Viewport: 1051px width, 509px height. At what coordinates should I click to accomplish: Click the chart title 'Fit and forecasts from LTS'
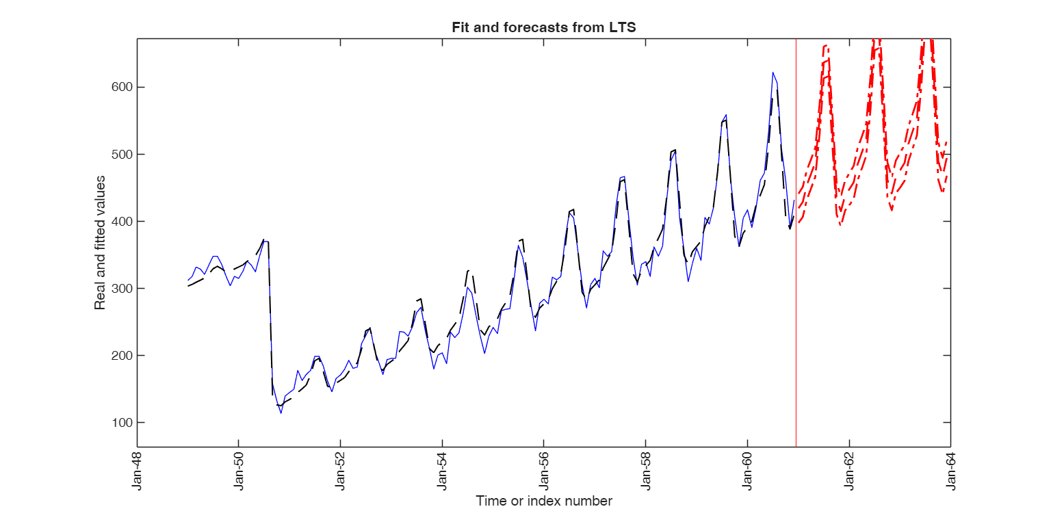pos(544,27)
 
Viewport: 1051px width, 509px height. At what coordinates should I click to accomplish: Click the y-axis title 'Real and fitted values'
pos(101,243)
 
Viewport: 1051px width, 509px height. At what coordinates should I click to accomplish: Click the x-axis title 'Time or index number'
pos(544,501)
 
